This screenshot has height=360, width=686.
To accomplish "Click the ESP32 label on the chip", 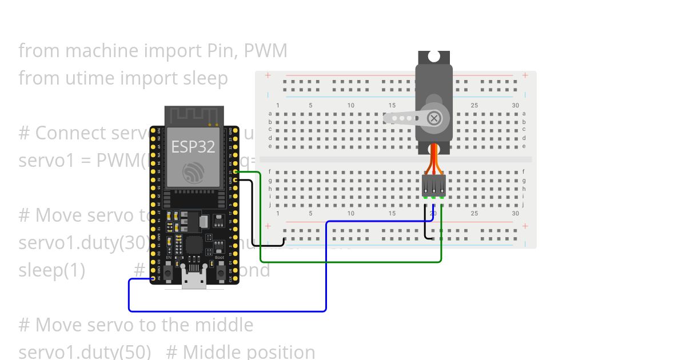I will [x=193, y=146].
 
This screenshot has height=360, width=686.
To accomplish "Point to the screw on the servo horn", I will [x=434, y=118].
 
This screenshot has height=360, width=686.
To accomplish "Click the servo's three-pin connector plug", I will [x=434, y=185].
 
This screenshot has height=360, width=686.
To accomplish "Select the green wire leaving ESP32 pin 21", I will [x=260, y=217].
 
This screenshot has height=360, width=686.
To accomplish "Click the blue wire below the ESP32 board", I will [x=229, y=311].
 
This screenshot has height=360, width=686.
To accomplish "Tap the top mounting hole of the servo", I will [x=434, y=56].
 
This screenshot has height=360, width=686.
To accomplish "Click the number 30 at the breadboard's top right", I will [x=515, y=105].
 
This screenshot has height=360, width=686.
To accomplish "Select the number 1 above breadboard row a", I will [x=278, y=105].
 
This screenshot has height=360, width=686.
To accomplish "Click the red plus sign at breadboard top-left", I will [x=267, y=75].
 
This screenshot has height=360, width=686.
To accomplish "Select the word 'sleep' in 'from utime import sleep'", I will [x=205, y=78].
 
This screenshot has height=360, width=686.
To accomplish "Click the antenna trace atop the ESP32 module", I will [x=193, y=115].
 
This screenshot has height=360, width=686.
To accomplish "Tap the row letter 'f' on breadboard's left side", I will [x=270, y=171].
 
